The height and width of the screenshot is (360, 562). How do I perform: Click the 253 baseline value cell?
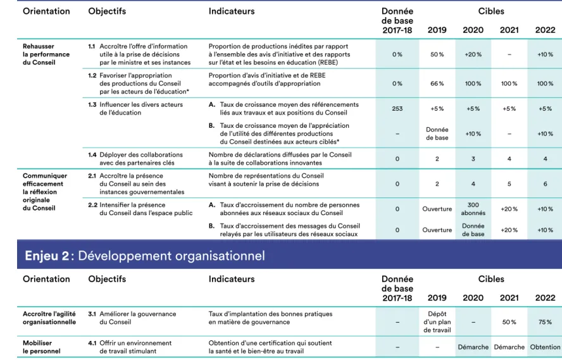point(397,109)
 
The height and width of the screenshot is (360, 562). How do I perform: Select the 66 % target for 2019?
point(437,84)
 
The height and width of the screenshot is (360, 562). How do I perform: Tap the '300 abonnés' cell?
point(473,209)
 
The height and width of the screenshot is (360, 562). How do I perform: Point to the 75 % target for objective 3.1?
point(545,322)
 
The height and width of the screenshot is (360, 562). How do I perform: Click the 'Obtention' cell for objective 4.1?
point(545,347)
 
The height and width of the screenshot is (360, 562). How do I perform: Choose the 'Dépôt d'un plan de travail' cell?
point(437,322)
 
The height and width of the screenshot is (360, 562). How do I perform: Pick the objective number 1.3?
point(92,104)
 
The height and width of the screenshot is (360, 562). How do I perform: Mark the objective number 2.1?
point(92,176)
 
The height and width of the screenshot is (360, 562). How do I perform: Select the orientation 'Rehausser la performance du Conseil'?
point(46,54)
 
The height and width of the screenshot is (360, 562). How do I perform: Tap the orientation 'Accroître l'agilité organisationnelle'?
point(49,318)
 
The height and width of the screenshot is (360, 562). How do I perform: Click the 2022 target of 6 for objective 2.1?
point(545,183)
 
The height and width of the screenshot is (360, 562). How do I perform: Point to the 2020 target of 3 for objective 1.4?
point(473,159)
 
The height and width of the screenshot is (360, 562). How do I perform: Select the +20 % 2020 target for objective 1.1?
point(473,54)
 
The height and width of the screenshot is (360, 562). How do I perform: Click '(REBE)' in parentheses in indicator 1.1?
point(328,63)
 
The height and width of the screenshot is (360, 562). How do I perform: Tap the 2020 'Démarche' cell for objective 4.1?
point(473,347)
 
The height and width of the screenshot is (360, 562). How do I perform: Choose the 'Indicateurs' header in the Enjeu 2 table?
point(232,279)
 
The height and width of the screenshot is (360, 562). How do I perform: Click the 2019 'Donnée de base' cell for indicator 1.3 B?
point(437,133)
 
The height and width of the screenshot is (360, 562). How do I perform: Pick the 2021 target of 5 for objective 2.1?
point(509,183)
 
